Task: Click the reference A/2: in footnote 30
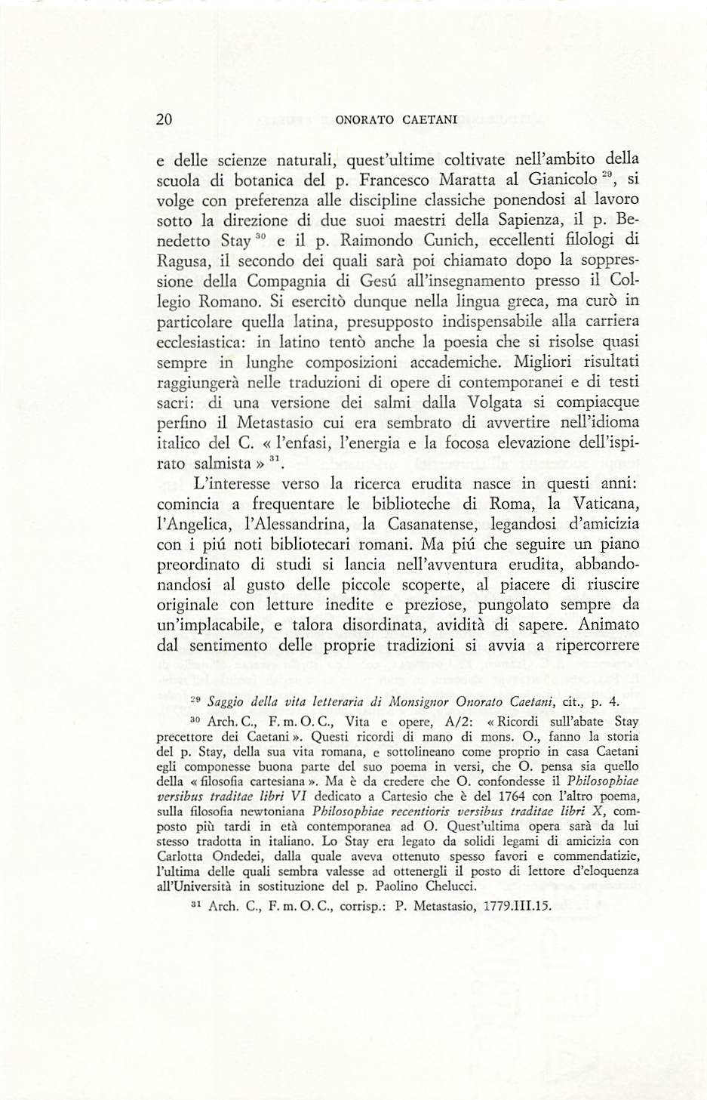460,721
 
